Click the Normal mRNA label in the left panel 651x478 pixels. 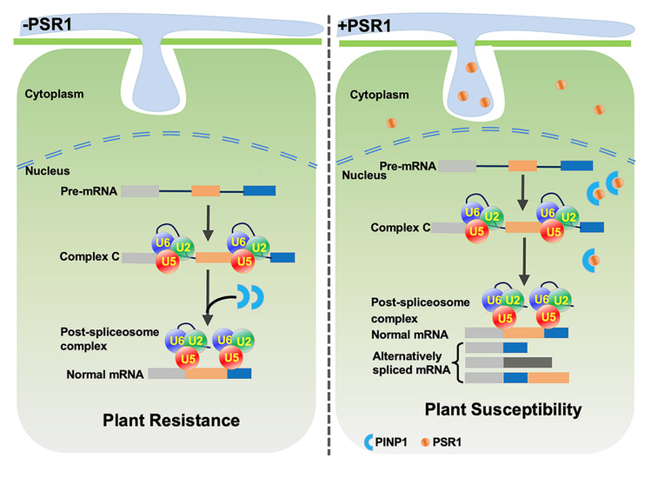point(105,375)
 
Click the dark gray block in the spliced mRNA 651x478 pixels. point(527,362)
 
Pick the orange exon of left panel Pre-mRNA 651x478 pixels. point(205,189)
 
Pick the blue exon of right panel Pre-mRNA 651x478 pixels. point(576,163)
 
